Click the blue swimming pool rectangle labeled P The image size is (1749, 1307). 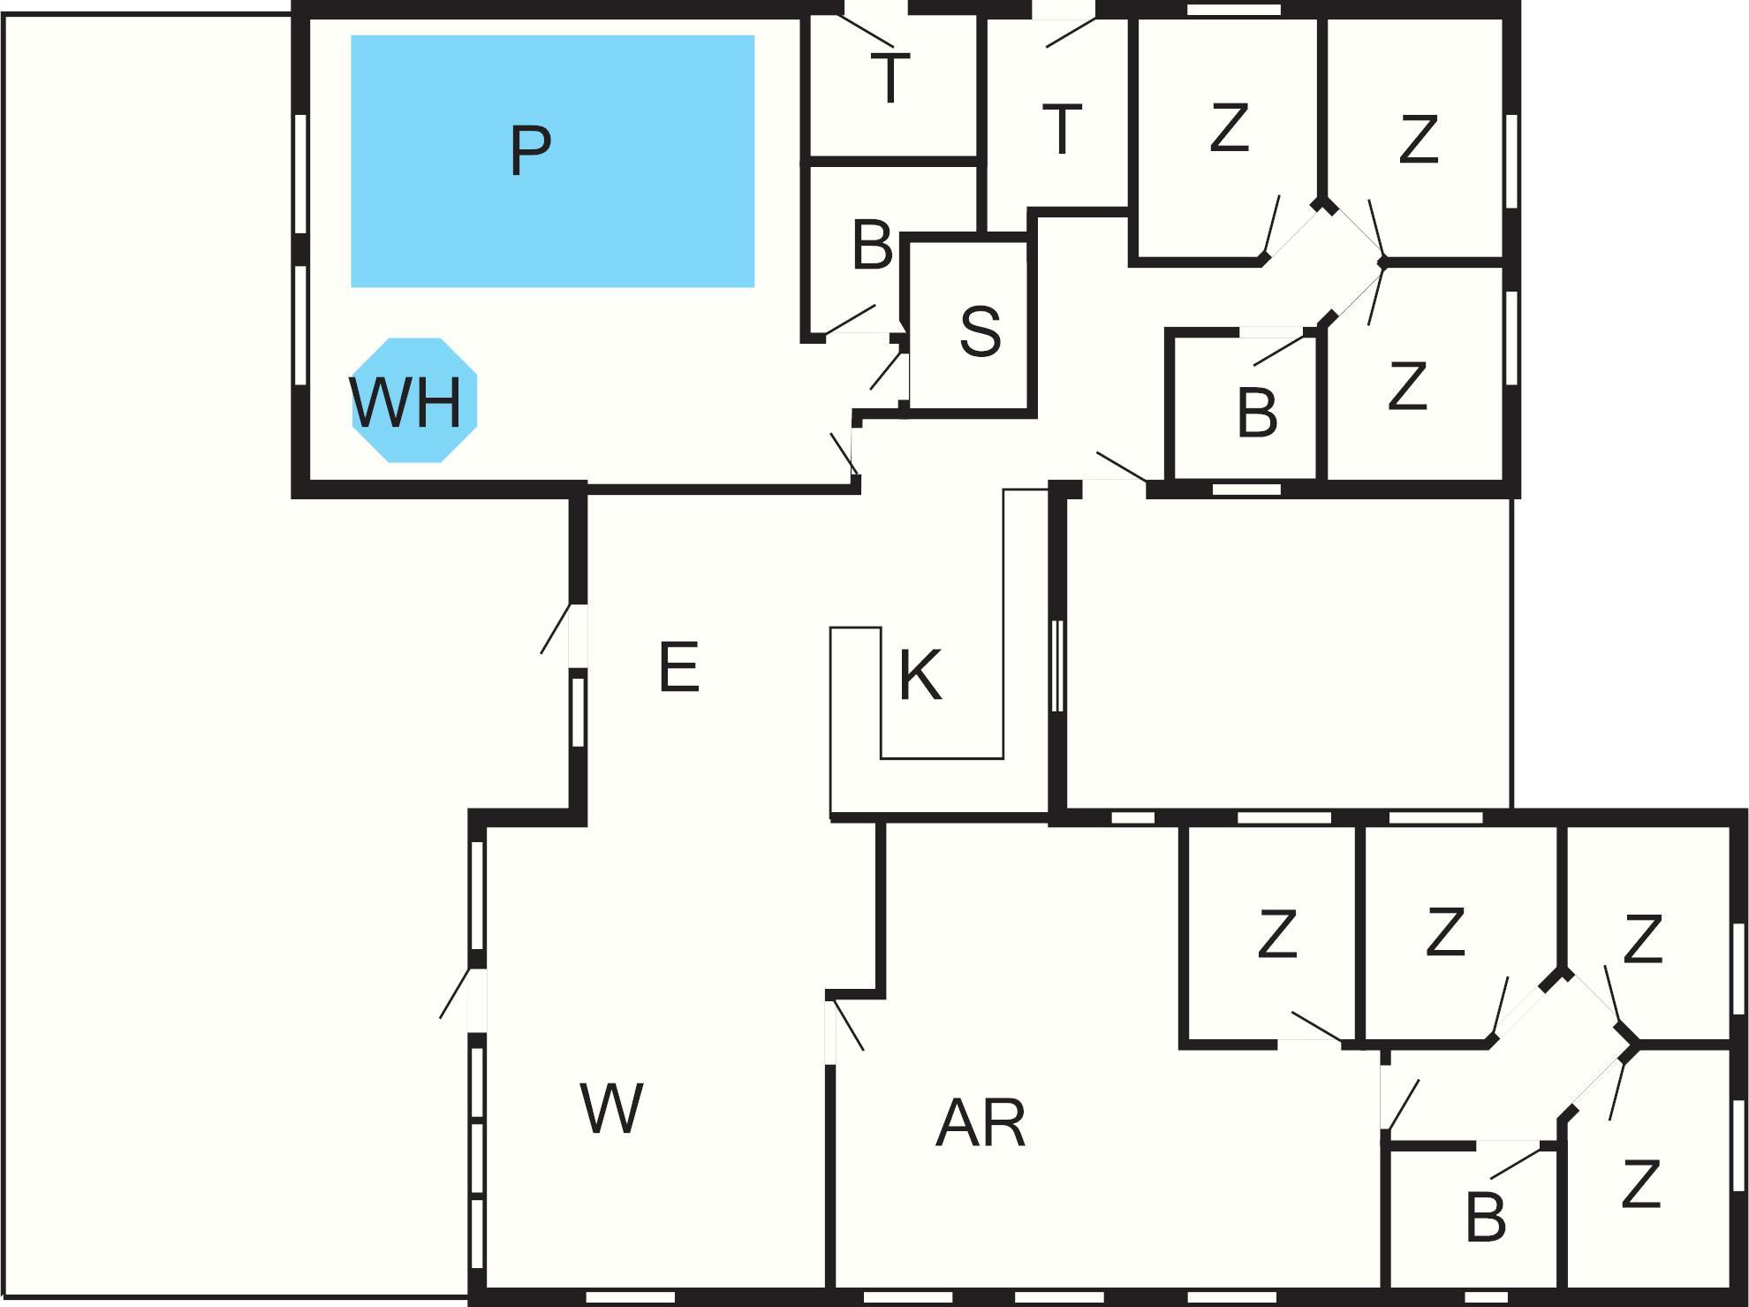click(x=552, y=161)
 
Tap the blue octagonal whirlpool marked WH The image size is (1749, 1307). click(x=414, y=400)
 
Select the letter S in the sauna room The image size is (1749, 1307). click(x=980, y=331)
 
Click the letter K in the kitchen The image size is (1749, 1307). click(x=920, y=675)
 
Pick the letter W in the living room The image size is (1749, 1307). click(x=610, y=1108)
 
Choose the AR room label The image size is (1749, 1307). click(x=980, y=1124)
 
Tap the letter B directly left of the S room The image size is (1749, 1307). click(x=872, y=245)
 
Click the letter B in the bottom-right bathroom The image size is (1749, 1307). click(x=1485, y=1217)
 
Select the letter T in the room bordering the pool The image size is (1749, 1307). click(x=890, y=79)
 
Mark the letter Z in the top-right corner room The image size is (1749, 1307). click(x=1419, y=140)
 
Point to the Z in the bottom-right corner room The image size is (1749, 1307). click(x=1640, y=1185)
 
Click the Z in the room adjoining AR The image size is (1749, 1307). click(x=1276, y=934)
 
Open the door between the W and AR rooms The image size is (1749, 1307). click(x=831, y=1030)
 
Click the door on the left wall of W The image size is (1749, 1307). click(x=477, y=999)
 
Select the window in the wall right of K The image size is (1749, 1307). click(x=1057, y=665)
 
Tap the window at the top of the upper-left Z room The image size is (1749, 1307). click(x=1233, y=10)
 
